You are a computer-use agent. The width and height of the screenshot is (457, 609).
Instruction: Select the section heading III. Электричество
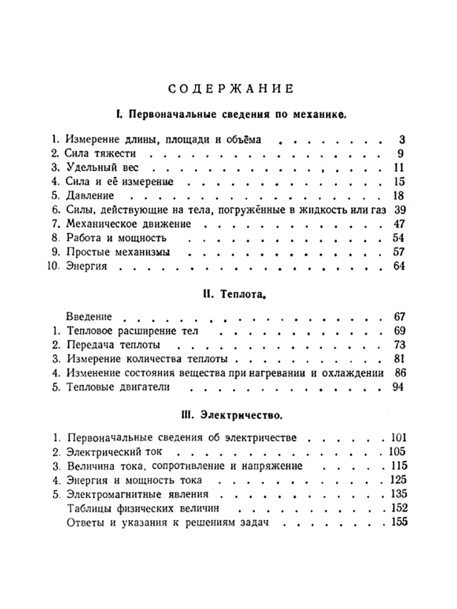tap(231, 416)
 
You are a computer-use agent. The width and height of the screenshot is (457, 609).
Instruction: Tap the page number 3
tap(401, 140)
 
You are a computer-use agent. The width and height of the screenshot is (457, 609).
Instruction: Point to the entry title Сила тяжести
tap(101, 153)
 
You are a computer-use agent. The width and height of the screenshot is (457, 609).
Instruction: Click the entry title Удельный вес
tap(102, 167)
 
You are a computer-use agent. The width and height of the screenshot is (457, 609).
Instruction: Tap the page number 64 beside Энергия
tap(399, 265)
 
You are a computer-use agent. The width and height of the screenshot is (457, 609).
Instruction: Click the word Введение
tap(89, 317)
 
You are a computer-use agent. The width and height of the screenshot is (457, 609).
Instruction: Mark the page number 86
tap(399, 373)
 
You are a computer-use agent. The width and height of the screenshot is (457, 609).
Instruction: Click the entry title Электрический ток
tap(114, 451)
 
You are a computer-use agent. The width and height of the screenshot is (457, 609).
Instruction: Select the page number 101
tap(397, 437)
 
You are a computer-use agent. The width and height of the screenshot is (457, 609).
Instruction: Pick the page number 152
tap(397, 507)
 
